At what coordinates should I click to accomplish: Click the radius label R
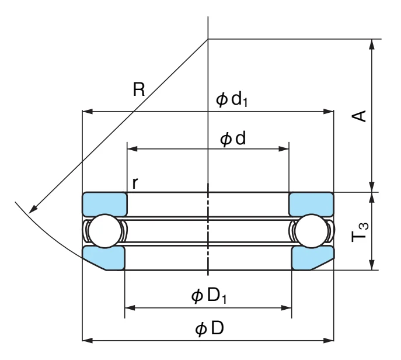[139, 89]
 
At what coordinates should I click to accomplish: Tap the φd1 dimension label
[232, 99]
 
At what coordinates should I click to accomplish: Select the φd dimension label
[233, 139]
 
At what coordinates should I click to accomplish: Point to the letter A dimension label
[359, 116]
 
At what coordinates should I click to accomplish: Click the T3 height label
[360, 232]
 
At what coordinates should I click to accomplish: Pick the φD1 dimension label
[209, 296]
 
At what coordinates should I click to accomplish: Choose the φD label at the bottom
[210, 328]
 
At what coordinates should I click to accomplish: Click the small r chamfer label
[135, 183]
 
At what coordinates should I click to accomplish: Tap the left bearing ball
[105, 231]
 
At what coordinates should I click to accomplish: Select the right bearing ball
[311, 231]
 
